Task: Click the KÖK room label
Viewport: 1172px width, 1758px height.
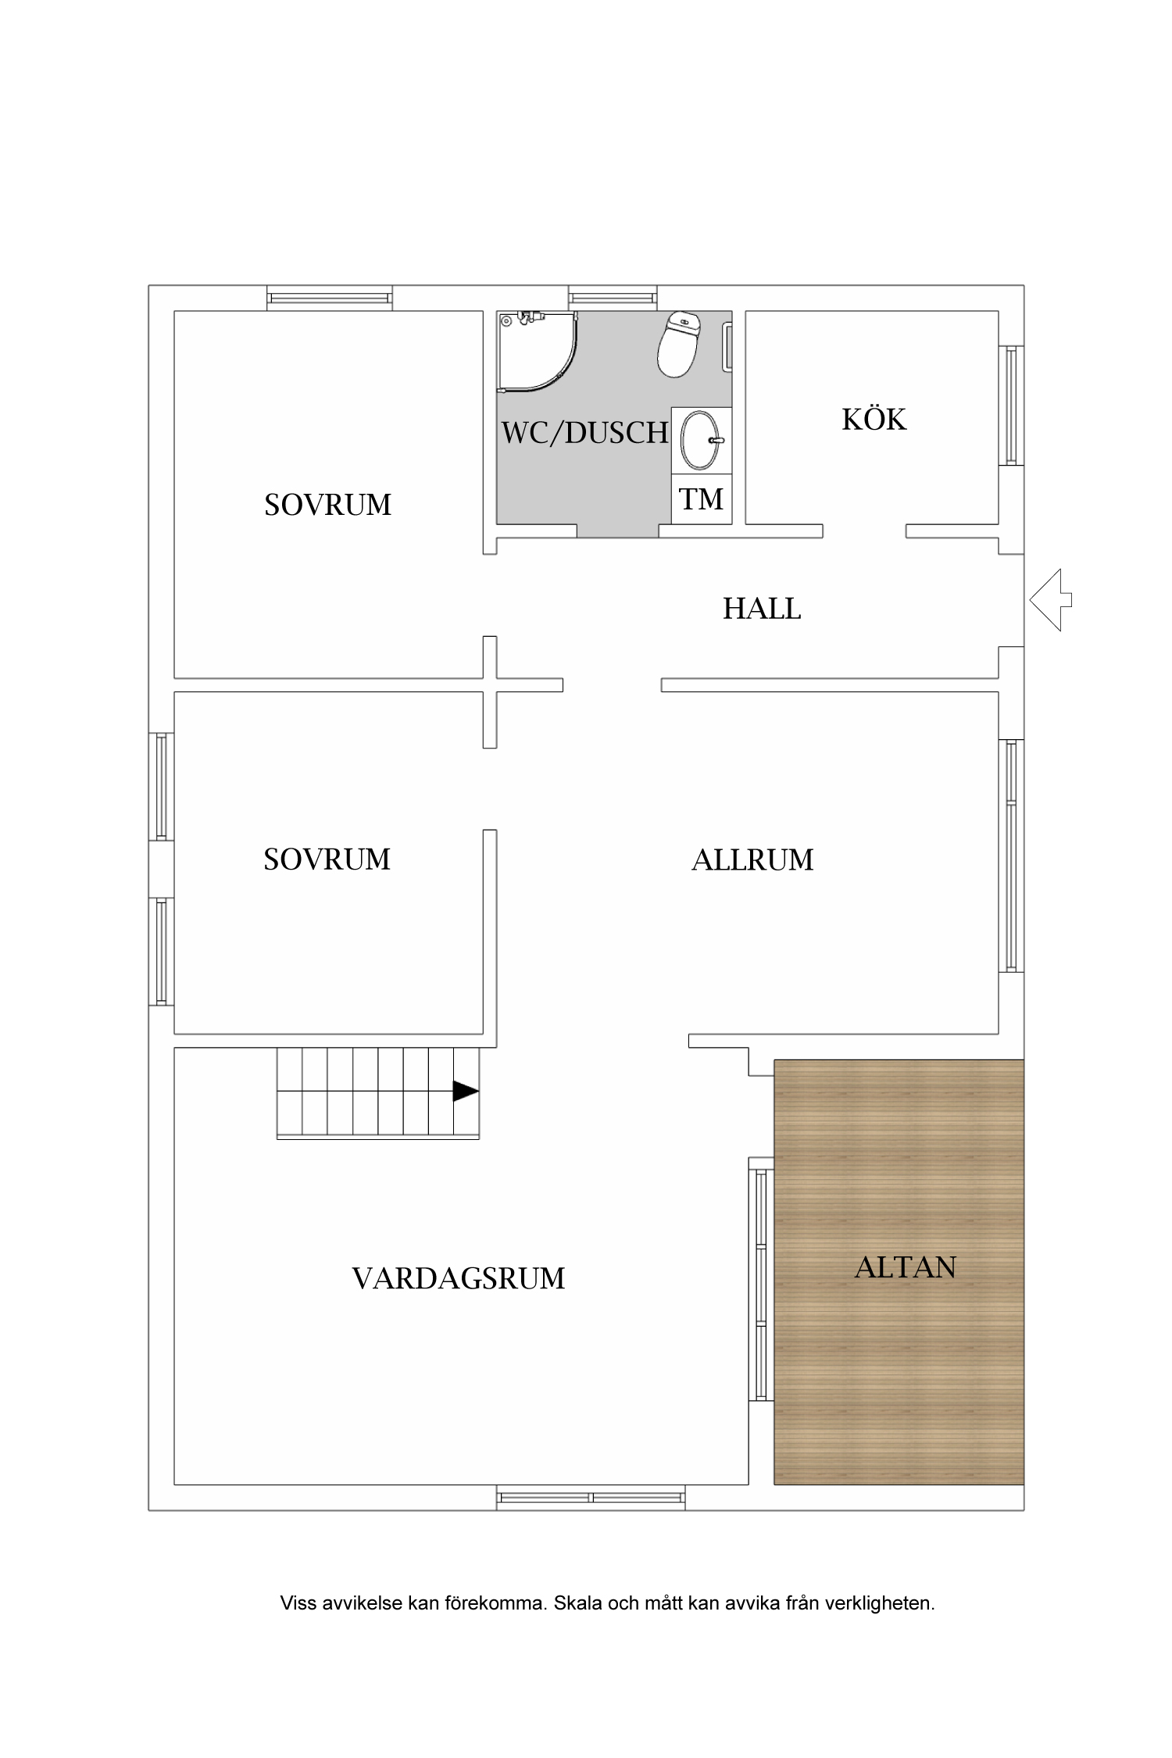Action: coord(874,420)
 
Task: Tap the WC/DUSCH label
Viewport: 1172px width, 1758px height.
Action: coord(584,432)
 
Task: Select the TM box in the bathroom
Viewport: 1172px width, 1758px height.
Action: coord(702,498)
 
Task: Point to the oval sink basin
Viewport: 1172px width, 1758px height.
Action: coord(701,440)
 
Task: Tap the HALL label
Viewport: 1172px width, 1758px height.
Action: coord(762,608)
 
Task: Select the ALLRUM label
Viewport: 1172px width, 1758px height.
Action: coord(752,859)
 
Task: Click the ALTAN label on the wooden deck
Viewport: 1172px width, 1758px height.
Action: coord(905,1267)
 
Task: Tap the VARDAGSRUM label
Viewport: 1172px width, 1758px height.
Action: coord(459,1279)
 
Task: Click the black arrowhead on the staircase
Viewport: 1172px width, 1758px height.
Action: coord(464,1092)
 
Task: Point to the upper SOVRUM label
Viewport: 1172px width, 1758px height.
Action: coord(327,505)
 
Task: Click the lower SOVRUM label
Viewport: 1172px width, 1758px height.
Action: coord(327,859)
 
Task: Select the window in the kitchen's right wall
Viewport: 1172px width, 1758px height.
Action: coord(1011,406)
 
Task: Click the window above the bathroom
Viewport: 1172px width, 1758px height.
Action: coord(612,298)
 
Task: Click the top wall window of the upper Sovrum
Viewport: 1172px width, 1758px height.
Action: coord(329,298)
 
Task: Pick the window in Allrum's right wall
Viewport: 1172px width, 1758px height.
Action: coord(1011,855)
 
